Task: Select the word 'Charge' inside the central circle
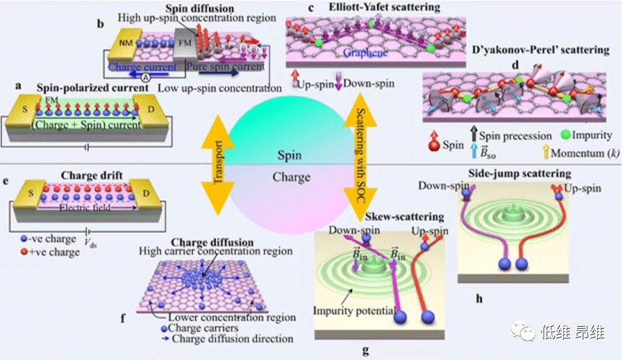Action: pyautogui.click(x=291, y=177)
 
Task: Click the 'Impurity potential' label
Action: pyautogui.click(x=354, y=310)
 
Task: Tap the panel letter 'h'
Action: pyautogui.click(x=478, y=300)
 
